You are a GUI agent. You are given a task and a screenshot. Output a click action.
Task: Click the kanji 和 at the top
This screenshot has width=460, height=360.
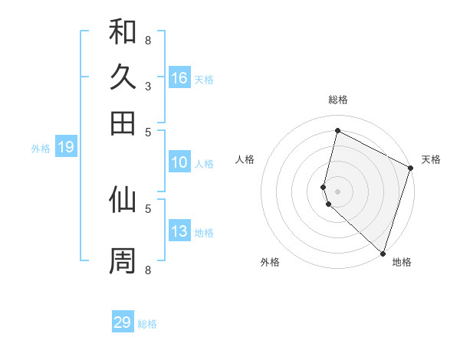[x=123, y=32]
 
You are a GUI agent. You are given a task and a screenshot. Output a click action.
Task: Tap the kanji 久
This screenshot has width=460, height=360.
[x=123, y=77]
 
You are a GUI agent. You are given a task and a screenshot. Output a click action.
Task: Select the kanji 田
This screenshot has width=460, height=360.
[x=123, y=123]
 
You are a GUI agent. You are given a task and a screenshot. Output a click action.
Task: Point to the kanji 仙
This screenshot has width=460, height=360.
[x=123, y=199]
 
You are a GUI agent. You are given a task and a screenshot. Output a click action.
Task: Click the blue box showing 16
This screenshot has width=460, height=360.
[x=179, y=78]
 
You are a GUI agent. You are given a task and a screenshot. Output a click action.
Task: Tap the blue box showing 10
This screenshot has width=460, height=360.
[x=179, y=162]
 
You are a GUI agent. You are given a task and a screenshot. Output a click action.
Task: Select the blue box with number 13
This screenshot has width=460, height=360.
[x=179, y=231]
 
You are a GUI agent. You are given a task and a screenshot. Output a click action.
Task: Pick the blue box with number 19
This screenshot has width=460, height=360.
[x=66, y=148]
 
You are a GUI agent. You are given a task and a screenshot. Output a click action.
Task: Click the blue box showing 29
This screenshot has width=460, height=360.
[x=123, y=322]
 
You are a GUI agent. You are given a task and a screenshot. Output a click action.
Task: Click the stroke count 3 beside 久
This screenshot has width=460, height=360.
[x=148, y=86]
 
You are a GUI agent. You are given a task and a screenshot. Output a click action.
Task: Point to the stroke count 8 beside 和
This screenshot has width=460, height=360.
[x=148, y=40]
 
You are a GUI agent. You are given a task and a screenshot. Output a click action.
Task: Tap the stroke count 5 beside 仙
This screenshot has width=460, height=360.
[x=148, y=207]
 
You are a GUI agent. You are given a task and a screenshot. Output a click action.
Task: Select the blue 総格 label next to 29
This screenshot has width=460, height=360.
[x=147, y=324]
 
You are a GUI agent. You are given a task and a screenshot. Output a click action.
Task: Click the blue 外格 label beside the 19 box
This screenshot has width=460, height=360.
[x=41, y=149]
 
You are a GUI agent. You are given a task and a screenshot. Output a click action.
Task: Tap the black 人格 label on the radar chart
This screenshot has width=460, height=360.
[x=245, y=159]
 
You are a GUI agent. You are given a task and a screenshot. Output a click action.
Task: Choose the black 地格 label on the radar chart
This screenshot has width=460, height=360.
[x=402, y=263]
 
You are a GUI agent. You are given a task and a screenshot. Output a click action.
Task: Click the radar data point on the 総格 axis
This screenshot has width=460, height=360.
[x=337, y=130]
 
